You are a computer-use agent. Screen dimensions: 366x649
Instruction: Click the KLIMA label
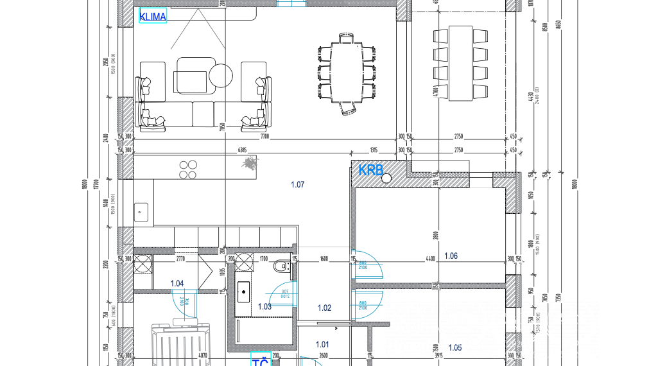coord(153,16)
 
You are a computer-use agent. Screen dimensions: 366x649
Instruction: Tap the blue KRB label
coord(370,170)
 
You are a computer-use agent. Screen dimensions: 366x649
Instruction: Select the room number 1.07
coord(297,185)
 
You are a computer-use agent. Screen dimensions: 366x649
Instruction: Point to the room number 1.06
coord(450,256)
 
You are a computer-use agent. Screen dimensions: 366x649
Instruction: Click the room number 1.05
coord(454,347)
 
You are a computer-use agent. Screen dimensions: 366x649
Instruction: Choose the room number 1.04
coord(177,283)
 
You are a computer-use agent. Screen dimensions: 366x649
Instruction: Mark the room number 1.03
coord(264,307)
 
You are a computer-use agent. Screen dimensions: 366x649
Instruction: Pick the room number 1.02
coord(324,308)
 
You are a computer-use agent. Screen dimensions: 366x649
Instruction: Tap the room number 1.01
coord(322,344)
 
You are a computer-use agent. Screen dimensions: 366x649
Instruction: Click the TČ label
coord(260,362)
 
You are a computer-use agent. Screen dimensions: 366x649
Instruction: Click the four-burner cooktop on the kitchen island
coord(188,169)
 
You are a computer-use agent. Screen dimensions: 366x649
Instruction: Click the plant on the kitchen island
coord(248,164)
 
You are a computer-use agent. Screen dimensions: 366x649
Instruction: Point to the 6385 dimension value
coord(242,150)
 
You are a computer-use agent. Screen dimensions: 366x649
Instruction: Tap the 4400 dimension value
coord(429,259)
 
